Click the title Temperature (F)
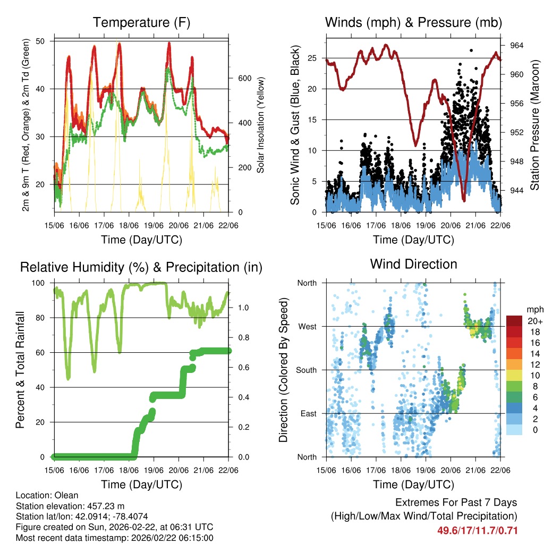pos(141,22)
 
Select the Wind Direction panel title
pos(413,264)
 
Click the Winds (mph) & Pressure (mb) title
pos(413,22)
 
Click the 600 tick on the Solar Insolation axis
pos(244,78)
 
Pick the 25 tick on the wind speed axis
pos(312,58)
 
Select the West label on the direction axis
pos(307,326)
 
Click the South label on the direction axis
pos(306,370)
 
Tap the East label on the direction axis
pos(307,413)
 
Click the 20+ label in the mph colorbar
pos(534,321)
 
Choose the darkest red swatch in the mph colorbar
pos(514,320)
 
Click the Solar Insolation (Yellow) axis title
pos(261,125)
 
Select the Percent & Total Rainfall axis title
pos(20,370)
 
